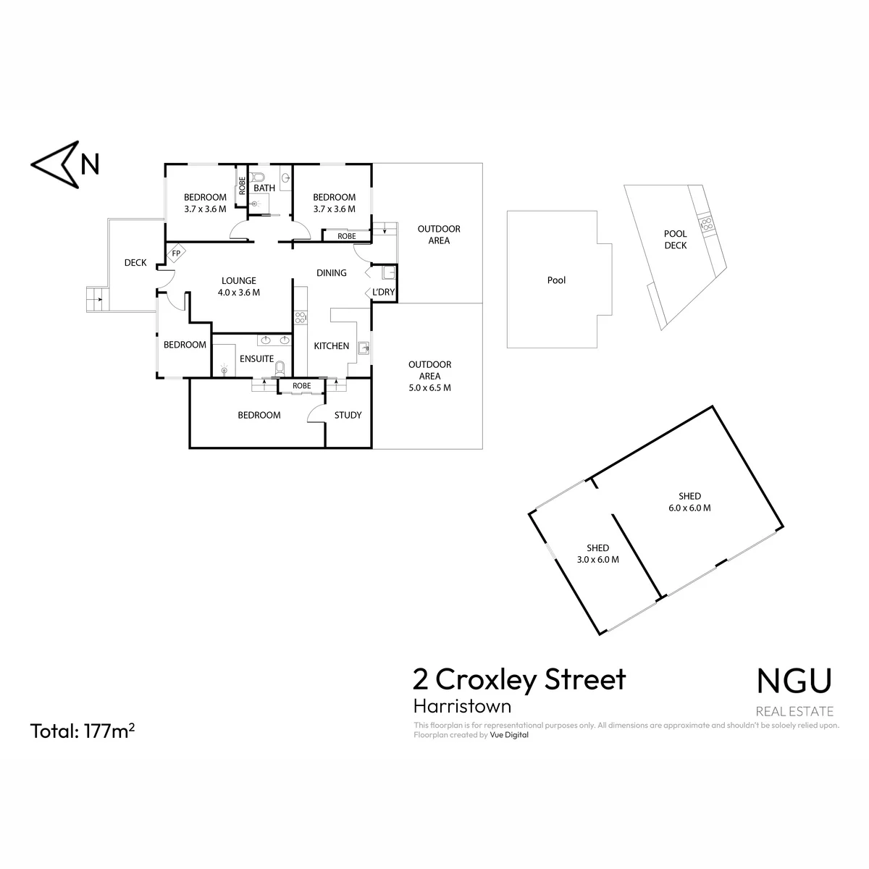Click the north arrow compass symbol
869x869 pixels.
pyautogui.click(x=56, y=164)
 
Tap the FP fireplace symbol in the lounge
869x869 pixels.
pyautogui.click(x=176, y=253)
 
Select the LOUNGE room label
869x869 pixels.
pyautogui.click(x=238, y=280)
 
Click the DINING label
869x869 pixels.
pyautogui.click(x=332, y=273)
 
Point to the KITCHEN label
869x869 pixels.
pyautogui.click(x=332, y=346)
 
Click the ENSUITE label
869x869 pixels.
pyautogui.click(x=256, y=358)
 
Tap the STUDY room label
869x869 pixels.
pyautogui.click(x=348, y=415)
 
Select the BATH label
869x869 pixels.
pyautogui.click(x=264, y=188)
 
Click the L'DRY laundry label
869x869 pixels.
pyautogui.click(x=383, y=293)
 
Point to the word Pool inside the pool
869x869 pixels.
pyautogui.click(x=556, y=280)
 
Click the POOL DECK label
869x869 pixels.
pyautogui.click(x=675, y=240)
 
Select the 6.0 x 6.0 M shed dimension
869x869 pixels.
pyautogui.click(x=689, y=508)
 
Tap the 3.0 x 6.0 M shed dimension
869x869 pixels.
pyautogui.click(x=598, y=560)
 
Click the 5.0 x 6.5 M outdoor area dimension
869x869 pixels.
pyautogui.click(x=429, y=388)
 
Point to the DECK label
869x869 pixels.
pyautogui.click(x=135, y=262)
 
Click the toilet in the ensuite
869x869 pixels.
pyautogui.click(x=280, y=369)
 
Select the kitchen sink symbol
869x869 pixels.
pyautogui.click(x=364, y=348)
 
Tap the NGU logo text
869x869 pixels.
pyautogui.click(x=794, y=681)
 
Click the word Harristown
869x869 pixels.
pyautogui.click(x=462, y=706)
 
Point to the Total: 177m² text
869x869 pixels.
pyautogui.click(x=83, y=731)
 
